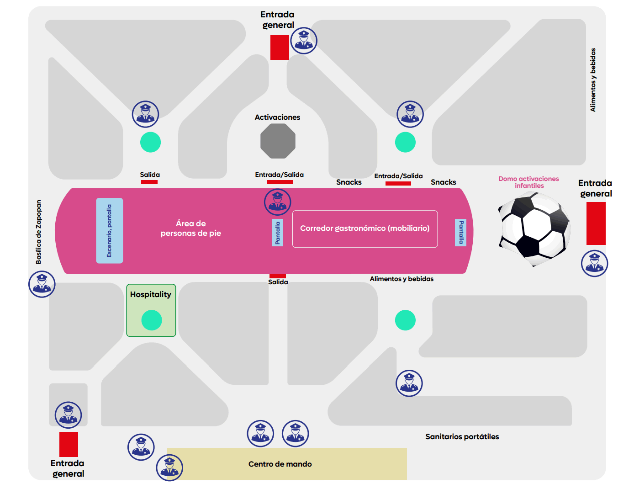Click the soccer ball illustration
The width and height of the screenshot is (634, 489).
534,229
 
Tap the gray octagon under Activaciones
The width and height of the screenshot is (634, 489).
278,141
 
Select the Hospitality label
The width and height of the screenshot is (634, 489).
151,294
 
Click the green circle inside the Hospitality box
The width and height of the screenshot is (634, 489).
152,320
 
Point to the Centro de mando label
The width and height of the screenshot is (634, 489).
280,464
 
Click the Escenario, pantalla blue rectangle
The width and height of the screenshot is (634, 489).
110,230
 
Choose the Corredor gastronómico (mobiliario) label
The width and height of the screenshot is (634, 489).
365,228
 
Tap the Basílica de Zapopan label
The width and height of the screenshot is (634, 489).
38,232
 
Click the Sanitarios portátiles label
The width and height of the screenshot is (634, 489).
462,436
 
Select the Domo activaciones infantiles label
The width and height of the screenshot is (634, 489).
528,182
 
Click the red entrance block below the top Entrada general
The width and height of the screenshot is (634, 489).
280,47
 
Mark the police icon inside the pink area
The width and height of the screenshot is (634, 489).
277,202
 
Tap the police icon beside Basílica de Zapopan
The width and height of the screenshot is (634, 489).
42,284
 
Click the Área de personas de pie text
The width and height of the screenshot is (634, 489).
191,228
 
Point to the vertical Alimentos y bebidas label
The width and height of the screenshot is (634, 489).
593,80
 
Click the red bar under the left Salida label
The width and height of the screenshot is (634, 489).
149,182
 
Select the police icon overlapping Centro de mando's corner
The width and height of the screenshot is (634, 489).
169,468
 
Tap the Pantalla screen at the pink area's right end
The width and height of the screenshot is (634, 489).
460,233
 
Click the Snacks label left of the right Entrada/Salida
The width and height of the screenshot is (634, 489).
349,182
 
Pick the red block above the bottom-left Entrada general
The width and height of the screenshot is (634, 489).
69,444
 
